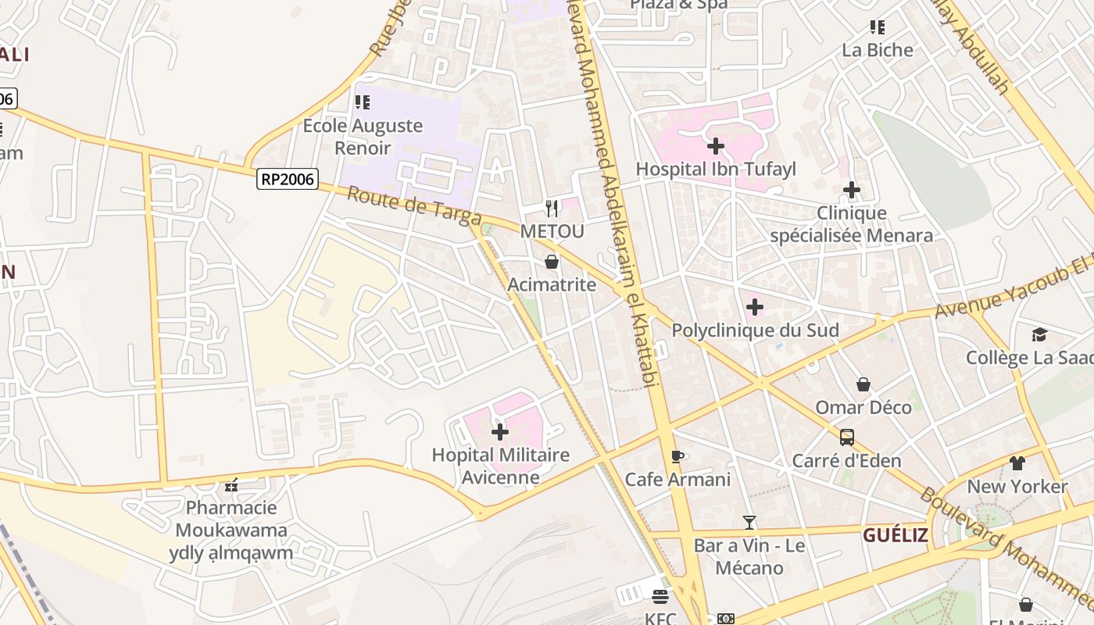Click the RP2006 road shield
[287, 180]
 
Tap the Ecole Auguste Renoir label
[363, 137]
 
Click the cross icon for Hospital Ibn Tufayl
[715, 146]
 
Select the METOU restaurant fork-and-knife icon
[552, 208]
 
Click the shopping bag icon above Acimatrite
[552, 262]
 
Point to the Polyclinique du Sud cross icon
[755, 307]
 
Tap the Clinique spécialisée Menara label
[851, 224]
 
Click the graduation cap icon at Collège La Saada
[1039, 335]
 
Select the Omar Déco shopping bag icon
[863, 384]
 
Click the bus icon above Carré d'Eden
[847, 437]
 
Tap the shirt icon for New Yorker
[1017, 463]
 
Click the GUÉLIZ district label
[896, 535]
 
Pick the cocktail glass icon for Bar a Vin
[749, 523]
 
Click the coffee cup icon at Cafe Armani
[677, 456]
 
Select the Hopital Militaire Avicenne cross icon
[500, 431]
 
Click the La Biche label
[878, 50]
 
